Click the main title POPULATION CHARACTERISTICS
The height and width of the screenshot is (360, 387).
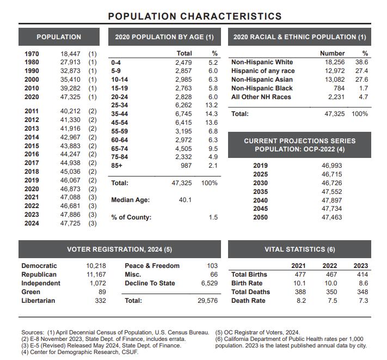(x=195, y=16)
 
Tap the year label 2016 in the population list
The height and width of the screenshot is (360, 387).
(x=32, y=154)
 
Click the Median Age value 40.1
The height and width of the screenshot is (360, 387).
(x=185, y=200)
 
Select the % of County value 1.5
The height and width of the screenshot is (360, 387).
(x=213, y=217)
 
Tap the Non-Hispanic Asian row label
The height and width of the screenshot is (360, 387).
(x=262, y=80)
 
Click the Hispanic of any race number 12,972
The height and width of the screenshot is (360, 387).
(x=333, y=71)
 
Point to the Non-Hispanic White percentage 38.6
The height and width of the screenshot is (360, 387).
(x=362, y=62)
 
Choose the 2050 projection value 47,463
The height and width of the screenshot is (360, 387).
(x=331, y=217)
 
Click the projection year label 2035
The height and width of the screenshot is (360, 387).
(x=261, y=192)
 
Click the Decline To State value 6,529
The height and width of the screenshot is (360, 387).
(x=208, y=283)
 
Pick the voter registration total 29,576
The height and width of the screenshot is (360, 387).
(x=207, y=301)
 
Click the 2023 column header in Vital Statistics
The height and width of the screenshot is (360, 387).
(x=360, y=266)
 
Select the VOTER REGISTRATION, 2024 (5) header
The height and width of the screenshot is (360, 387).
(x=119, y=249)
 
